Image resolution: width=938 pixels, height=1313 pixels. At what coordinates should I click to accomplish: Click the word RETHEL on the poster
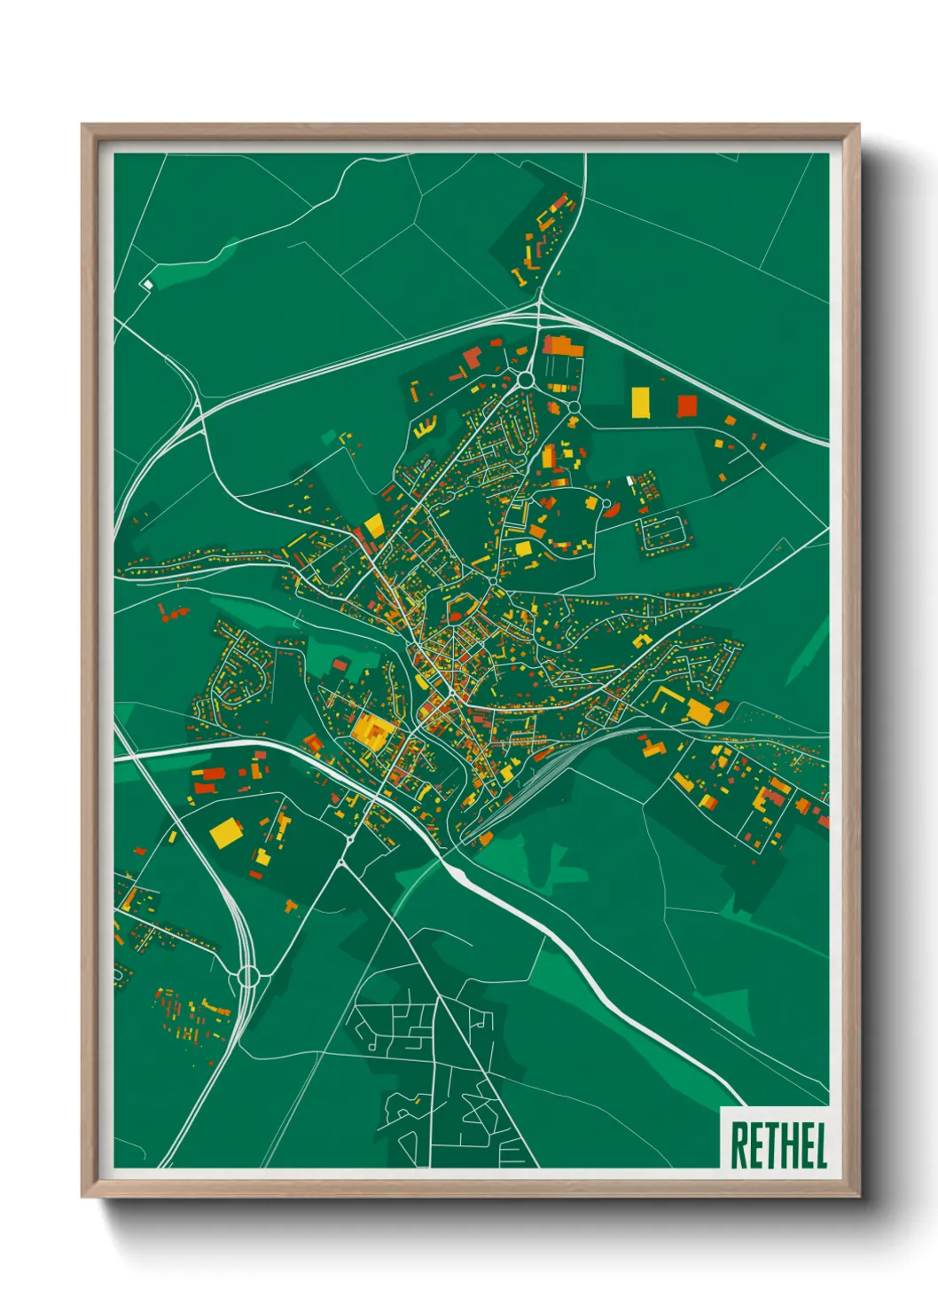pos(778,1145)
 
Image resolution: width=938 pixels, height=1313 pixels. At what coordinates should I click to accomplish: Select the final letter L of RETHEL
pos(820,1145)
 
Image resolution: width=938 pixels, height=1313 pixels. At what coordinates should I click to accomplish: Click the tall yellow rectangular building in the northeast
pos(639,402)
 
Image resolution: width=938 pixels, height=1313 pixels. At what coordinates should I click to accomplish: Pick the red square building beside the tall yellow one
pos(687,406)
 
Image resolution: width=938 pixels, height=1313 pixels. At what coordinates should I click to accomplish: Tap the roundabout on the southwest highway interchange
pos(248,977)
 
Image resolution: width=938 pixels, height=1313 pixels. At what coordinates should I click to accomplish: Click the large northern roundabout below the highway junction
pos(526,380)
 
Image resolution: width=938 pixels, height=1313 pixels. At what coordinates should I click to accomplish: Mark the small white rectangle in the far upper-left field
pos(148,284)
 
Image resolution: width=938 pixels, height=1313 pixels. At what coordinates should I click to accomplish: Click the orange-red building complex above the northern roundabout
pos(563,345)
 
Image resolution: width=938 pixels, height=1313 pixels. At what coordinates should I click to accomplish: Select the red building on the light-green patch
pos(340,664)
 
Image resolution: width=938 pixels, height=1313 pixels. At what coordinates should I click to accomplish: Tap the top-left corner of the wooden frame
pos(83,125)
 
